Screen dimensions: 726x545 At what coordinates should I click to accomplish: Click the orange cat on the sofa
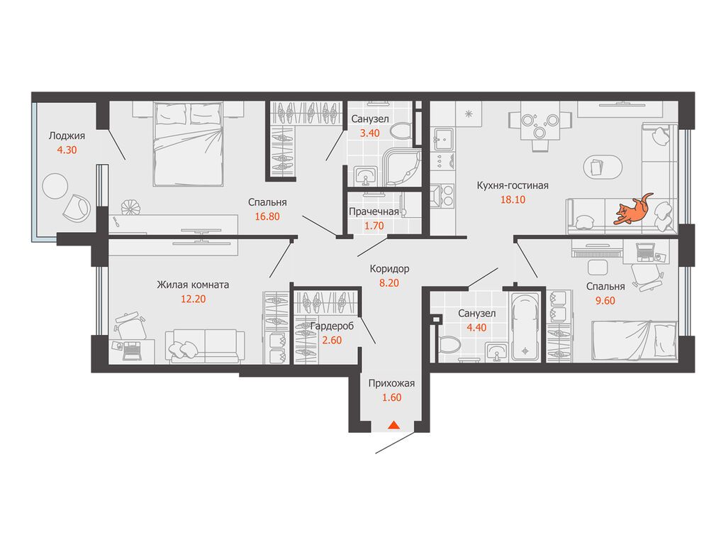point(632,210)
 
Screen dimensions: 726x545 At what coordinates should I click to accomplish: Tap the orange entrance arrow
point(393,424)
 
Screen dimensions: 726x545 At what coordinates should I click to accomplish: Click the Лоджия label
point(67,136)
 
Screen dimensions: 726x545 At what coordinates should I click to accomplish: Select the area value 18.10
point(513,199)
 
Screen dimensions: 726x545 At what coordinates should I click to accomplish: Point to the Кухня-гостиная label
point(513,185)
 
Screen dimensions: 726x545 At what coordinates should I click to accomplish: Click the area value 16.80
point(267,216)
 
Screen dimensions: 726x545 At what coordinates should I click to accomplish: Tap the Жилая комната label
point(193,285)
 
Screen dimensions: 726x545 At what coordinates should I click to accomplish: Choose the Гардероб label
point(332,326)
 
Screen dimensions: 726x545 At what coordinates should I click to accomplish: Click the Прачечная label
point(374,211)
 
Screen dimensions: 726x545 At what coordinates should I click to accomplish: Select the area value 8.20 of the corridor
point(389,283)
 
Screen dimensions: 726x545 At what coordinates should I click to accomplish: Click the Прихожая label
point(391,383)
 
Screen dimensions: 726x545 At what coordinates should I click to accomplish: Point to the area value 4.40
point(476,328)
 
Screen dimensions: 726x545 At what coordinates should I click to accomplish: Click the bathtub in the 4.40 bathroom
point(525,326)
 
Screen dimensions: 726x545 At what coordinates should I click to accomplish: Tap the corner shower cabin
point(403,167)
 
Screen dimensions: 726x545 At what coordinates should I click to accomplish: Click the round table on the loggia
point(55,186)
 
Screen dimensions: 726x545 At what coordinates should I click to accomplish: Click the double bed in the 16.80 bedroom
point(189,144)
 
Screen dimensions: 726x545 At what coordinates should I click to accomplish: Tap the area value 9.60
point(605,301)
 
